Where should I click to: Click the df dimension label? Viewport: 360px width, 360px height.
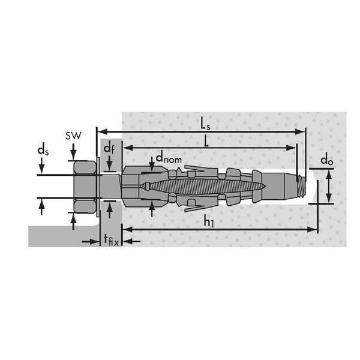pyautogui.click(x=109, y=148)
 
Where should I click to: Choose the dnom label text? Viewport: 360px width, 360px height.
pyautogui.click(x=169, y=158)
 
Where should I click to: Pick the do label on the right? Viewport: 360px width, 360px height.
pyautogui.click(x=326, y=160)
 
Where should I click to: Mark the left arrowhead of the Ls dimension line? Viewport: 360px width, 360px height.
pyautogui.click(x=101, y=130)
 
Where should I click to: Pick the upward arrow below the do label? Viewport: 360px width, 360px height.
pyautogui.click(x=328, y=174)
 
